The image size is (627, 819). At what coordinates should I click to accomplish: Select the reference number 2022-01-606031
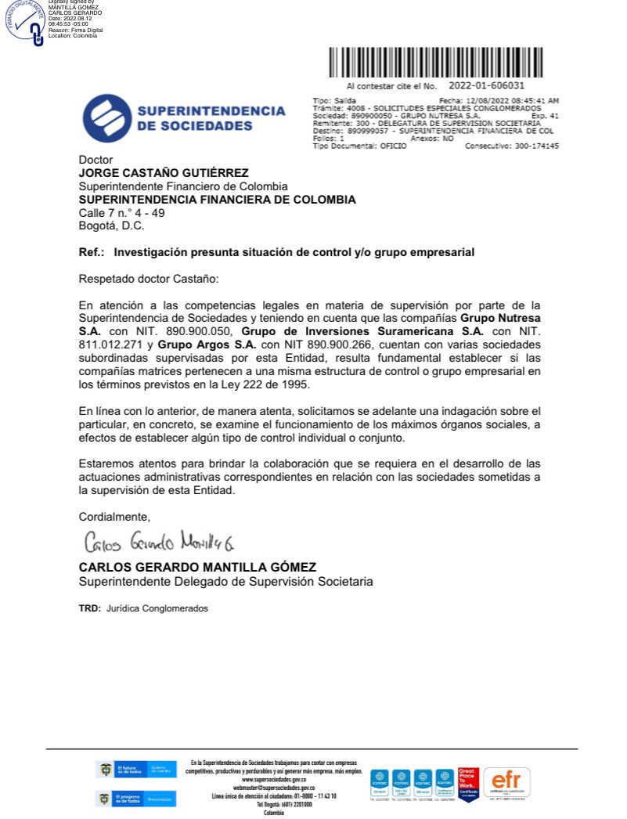pos(487,85)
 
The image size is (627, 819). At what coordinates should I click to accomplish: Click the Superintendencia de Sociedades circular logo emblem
pos(106,118)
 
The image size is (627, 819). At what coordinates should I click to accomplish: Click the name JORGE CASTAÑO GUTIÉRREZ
pos(164,173)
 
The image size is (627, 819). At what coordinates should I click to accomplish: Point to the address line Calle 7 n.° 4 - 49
pos(121,213)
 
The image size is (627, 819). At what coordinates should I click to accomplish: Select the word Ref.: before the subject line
pos(93,253)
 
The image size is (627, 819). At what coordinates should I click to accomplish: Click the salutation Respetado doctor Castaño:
pos(150,279)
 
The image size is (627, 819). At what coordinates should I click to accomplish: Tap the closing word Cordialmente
pos(114,516)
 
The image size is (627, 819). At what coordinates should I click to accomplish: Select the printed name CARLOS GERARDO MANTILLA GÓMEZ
pos(197,567)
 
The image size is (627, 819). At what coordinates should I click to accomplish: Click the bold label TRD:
pos(90,608)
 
